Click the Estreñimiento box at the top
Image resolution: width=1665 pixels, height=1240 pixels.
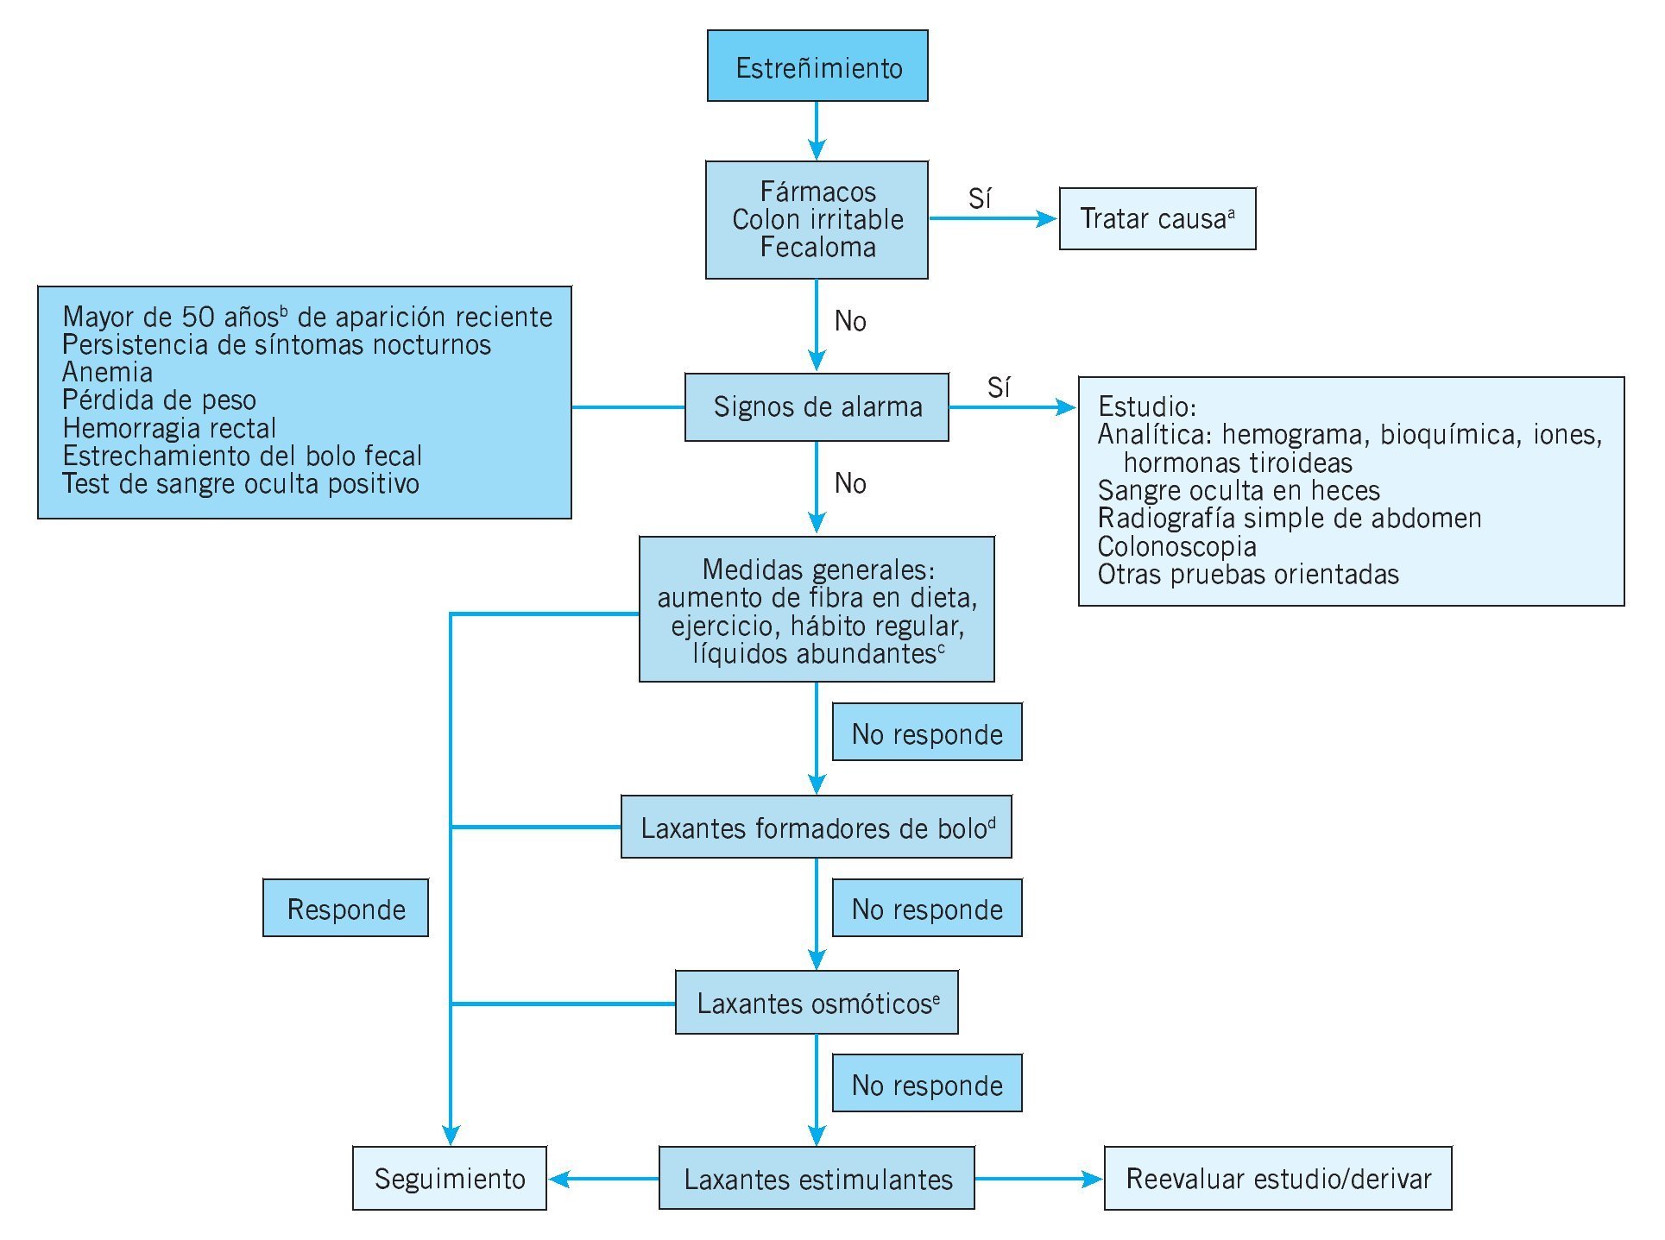click(817, 66)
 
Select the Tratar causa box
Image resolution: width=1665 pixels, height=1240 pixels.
click(1157, 219)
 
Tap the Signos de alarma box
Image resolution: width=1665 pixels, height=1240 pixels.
click(817, 406)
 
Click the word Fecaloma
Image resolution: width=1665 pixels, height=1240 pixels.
click(817, 248)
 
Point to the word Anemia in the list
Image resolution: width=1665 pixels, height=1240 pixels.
click(108, 373)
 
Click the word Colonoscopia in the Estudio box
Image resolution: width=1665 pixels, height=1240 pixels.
click(1176, 547)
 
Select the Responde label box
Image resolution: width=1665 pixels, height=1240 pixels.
click(345, 909)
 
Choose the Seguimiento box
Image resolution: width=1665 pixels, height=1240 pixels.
click(449, 1179)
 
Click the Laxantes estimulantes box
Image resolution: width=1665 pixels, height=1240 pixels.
click(817, 1179)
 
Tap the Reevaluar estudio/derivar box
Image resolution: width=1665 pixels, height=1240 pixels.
click(1277, 1179)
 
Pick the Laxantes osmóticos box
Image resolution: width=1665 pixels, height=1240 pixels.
click(817, 1003)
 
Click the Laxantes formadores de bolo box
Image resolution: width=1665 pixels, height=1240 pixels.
click(816, 828)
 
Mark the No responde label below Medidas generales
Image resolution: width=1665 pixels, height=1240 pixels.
click(927, 733)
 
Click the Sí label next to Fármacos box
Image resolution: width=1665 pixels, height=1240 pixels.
click(980, 199)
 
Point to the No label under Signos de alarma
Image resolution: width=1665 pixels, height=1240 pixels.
click(850, 483)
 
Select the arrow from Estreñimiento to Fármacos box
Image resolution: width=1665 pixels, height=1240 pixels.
click(817, 130)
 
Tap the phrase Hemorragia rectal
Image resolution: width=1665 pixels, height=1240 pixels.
click(169, 428)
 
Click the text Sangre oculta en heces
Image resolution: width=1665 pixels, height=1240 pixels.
click(1239, 491)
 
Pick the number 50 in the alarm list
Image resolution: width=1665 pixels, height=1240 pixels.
click(198, 318)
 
